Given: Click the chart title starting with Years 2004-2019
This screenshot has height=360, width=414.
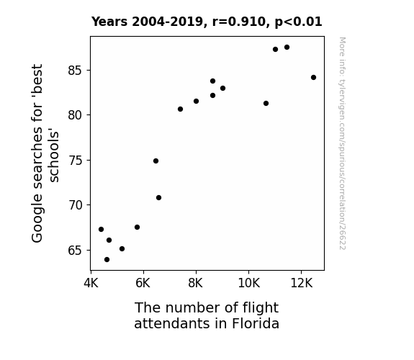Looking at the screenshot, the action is click(207, 22).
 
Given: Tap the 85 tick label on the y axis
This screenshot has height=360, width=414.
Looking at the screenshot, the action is click(76, 71).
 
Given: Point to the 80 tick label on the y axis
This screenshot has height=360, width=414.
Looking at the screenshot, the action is click(76, 115).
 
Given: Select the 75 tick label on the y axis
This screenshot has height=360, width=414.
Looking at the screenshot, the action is click(76, 161).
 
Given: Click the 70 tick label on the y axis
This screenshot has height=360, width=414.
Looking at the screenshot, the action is click(76, 205).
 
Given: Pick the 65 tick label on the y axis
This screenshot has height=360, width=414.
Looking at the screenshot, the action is click(76, 250).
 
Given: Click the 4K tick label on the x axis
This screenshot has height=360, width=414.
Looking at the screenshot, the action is click(91, 283).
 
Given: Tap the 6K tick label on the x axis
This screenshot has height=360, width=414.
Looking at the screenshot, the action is click(143, 283).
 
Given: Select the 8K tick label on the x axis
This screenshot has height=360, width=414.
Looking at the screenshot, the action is click(196, 283).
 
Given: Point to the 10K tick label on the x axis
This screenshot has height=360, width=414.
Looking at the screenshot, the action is click(248, 283).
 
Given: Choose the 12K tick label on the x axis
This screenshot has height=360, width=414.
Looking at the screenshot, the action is click(301, 283).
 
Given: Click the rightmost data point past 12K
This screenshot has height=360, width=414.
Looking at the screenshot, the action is click(313, 77).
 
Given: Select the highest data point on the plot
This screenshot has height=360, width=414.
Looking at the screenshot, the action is click(287, 48).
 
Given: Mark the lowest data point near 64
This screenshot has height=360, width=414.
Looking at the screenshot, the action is click(107, 260).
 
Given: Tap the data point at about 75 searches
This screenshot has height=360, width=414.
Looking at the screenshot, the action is click(156, 161).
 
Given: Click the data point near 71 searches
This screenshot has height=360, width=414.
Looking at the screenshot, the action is click(158, 197).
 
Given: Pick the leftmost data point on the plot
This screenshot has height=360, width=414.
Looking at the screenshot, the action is click(101, 229).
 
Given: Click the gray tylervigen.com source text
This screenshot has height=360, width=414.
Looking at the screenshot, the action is click(342, 143).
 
